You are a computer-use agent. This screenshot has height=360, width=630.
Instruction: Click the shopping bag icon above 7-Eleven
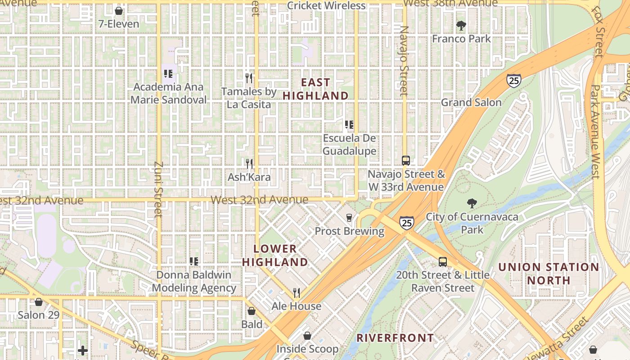click(x=119, y=10)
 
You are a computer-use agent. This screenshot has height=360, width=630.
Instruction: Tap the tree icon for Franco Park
click(x=461, y=25)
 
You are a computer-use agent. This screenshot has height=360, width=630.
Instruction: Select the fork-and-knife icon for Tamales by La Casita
click(x=249, y=78)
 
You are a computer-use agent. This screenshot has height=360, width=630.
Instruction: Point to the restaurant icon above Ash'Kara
click(x=249, y=163)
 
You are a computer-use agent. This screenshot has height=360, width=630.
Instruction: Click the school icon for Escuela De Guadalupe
click(x=349, y=125)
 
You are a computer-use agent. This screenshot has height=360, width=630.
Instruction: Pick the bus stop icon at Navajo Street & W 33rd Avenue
click(x=406, y=160)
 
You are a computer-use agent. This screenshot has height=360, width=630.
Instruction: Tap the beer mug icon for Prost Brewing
click(x=349, y=218)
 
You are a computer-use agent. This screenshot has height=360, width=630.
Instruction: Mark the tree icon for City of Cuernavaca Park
click(x=472, y=203)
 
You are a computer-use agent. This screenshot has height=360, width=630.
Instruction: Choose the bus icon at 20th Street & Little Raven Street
click(x=443, y=261)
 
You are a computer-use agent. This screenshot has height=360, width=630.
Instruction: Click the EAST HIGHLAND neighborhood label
click(x=315, y=89)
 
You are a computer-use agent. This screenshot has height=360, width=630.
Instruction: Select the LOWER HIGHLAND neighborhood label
click(x=275, y=255)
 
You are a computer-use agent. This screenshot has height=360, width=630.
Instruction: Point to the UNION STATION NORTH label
click(x=549, y=274)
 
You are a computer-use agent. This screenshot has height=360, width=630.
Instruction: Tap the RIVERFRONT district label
click(x=396, y=338)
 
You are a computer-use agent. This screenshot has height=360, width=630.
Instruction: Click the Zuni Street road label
click(x=158, y=189)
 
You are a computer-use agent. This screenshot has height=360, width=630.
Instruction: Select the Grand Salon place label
click(x=471, y=103)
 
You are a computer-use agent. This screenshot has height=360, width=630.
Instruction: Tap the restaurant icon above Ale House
click(x=297, y=293)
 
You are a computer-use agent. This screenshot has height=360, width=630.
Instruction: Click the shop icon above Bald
click(x=252, y=311)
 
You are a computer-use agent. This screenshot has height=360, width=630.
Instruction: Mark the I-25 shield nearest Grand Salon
click(x=513, y=80)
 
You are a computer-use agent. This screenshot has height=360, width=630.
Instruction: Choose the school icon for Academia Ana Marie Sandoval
click(x=168, y=73)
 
